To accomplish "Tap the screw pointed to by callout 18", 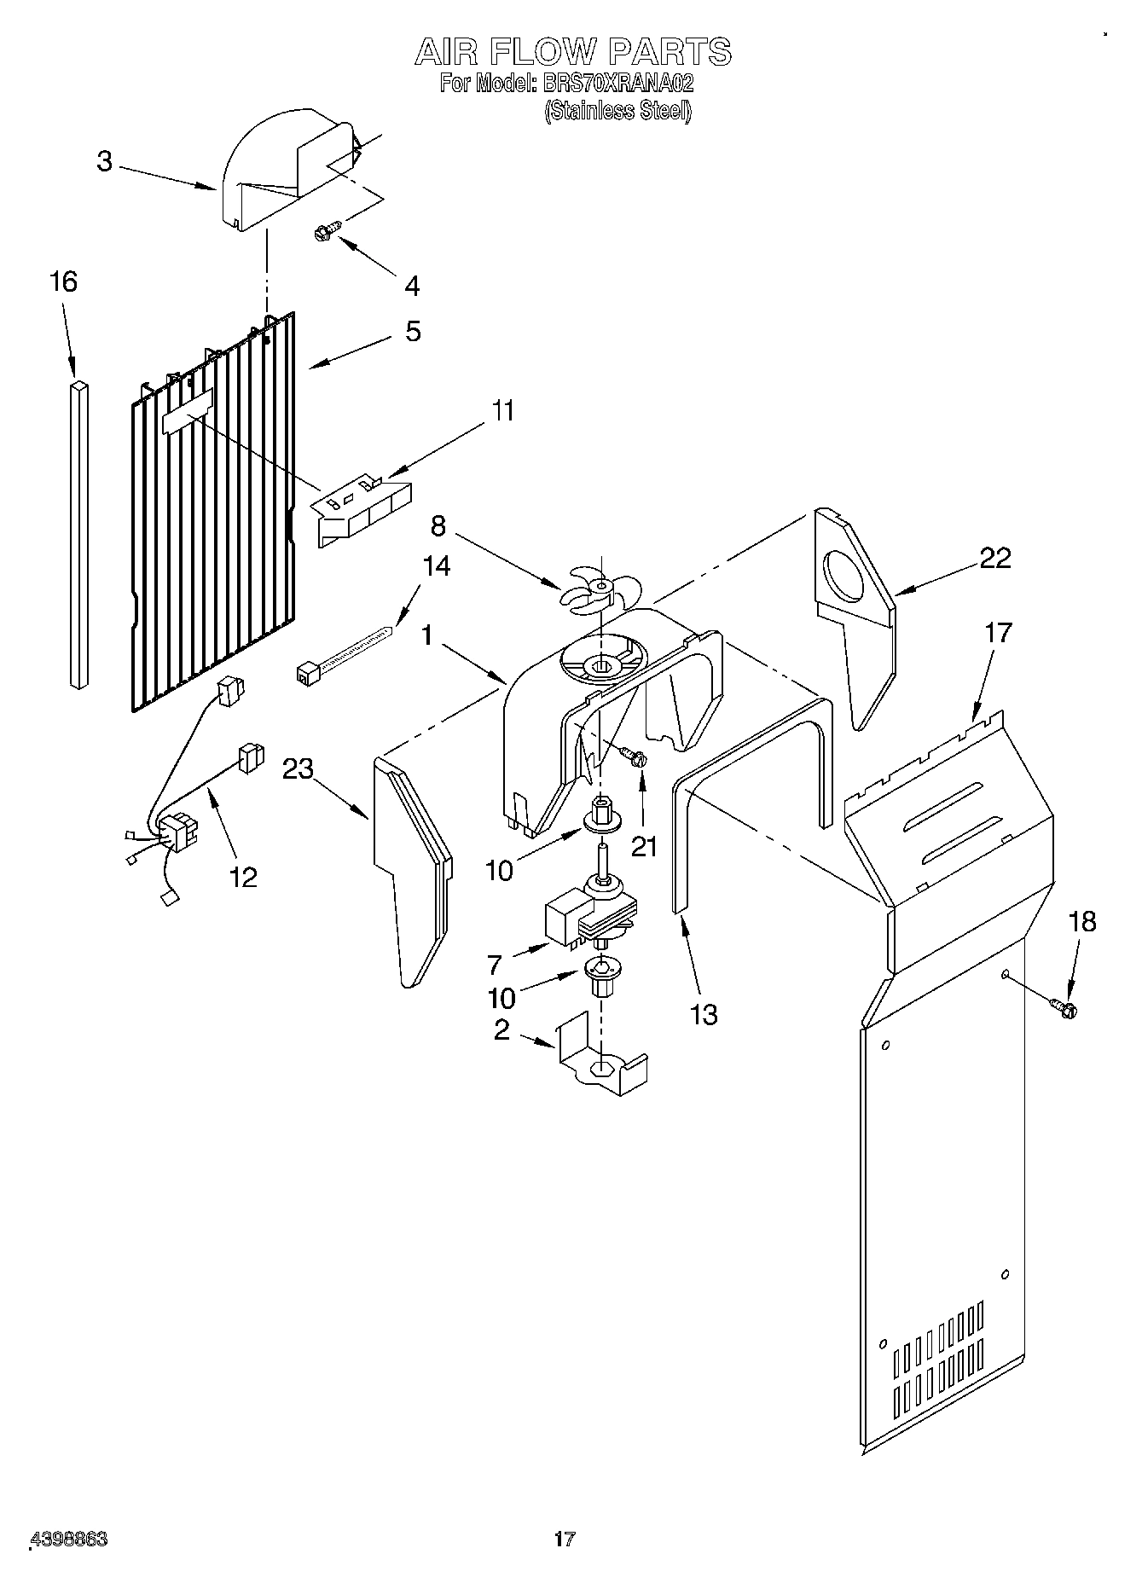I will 1064,1008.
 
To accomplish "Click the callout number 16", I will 63,281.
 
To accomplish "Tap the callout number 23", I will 299,768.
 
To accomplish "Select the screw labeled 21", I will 634,756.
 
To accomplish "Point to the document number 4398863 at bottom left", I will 68,1539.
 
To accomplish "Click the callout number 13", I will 704,1014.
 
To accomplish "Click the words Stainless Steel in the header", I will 617,111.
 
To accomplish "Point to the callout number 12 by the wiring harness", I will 244,876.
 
